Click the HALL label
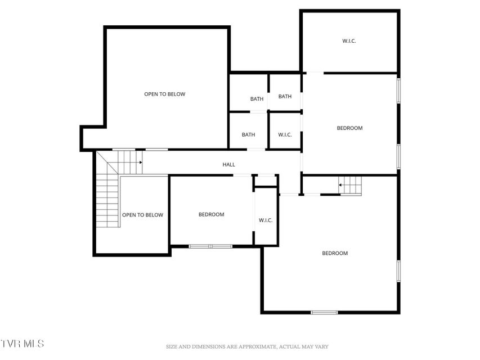click(x=228, y=165)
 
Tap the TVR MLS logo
click(x=22, y=344)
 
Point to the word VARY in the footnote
click(x=321, y=347)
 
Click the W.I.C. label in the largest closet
click(x=349, y=40)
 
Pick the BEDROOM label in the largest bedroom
click(x=335, y=253)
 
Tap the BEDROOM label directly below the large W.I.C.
click(x=349, y=128)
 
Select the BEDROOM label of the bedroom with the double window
click(x=211, y=214)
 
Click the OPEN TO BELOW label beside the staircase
click(x=143, y=215)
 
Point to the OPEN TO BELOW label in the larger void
click(x=165, y=94)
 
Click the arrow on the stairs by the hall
click(x=141, y=162)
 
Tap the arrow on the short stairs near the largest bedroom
click(x=340, y=185)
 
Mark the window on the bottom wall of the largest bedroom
click(x=324, y=313)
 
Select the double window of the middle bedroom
click(x=210, y=246)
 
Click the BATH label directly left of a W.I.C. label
click(x=248, y=134)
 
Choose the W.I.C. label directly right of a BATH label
click(x=285, y=134)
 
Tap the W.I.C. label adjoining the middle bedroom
click(x=266, y=220)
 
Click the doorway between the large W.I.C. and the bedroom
click(x=315, y=73)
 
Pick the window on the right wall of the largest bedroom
click(x=398, y=271)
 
